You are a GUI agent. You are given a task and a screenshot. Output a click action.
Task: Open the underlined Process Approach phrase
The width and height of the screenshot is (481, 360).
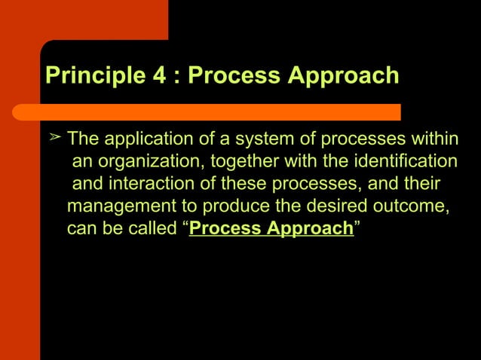271,228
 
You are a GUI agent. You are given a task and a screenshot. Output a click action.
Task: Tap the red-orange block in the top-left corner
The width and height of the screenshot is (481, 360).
83,19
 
